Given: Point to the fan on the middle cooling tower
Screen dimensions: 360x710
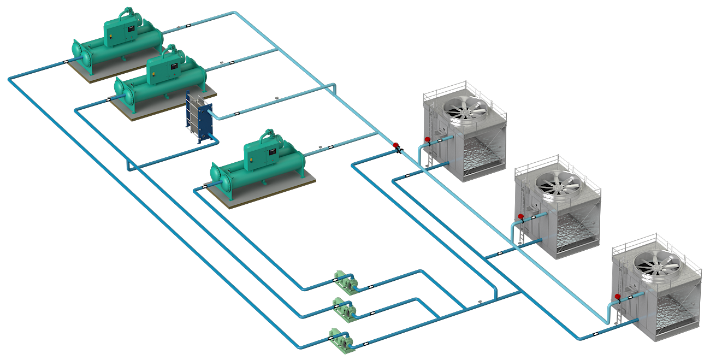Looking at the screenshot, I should (558, 182).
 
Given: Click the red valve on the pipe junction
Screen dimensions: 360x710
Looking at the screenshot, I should (395, 145).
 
